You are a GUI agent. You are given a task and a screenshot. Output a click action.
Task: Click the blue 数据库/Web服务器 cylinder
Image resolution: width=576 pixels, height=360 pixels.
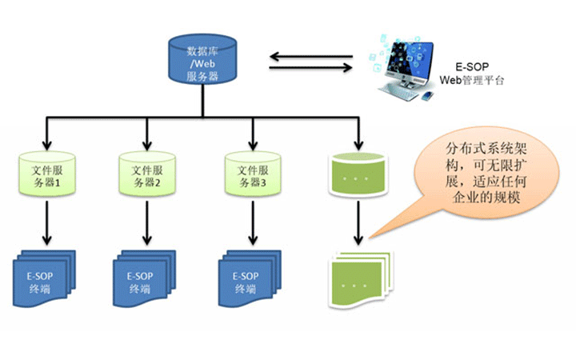point(202,59)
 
